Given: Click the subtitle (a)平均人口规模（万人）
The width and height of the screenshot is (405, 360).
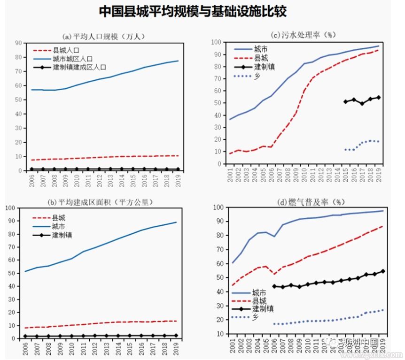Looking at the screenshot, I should tap(104, 36).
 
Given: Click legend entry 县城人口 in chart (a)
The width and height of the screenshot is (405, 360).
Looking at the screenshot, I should tap(65, 50).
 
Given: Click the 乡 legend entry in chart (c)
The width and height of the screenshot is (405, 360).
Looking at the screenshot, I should tap(257, 76).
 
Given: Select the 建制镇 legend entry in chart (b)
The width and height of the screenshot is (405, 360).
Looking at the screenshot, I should tap(62, 235).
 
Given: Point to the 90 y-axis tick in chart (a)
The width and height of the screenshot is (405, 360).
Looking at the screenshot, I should tap(19, 43).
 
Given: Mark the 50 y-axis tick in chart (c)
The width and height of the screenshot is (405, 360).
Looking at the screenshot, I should tap(219, 103).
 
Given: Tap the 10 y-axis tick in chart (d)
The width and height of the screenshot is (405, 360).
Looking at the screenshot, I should tap(219, 334).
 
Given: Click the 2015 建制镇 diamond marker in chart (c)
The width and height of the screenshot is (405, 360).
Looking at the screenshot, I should tap(345, 101).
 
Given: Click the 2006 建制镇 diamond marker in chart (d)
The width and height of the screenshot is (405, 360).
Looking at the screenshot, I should tap(274, 286).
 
